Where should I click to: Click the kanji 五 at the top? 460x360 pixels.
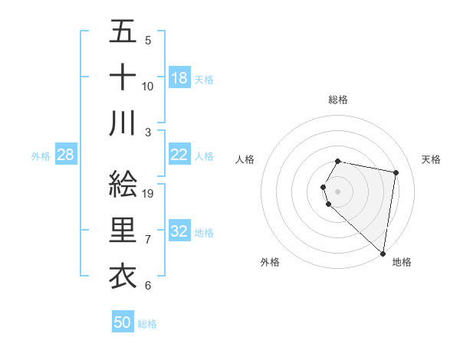[123, 32]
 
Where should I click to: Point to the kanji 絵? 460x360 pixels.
[123, 184]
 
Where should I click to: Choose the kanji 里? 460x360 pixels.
[123, 231]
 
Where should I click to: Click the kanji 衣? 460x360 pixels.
[123, 276]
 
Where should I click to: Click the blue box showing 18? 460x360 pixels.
[179, 78]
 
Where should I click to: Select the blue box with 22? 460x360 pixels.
[179, 155]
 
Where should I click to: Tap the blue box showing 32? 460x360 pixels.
[179, 231]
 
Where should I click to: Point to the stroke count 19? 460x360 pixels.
[149, 193]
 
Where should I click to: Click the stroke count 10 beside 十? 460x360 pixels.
[148, 86]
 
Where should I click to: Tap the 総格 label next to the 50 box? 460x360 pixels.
[147, 324]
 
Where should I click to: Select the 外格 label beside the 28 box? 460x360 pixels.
[41, 156]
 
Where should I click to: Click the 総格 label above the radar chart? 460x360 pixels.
[338, 100]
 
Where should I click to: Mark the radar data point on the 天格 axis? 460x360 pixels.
[396, 173]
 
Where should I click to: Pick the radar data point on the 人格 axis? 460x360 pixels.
[324, 187]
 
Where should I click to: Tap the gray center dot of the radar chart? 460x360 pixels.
[338, 191]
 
